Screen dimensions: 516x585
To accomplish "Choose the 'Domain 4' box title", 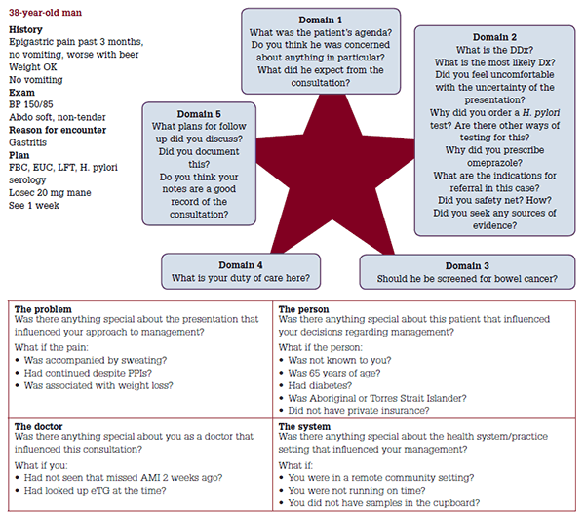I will pyautogui.click(x=240, y=264).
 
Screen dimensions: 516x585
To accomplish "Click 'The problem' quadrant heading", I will pyautogui.click(x=42, y=309).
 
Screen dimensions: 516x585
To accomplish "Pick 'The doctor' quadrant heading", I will pyautogui.click(x=40, y=426).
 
